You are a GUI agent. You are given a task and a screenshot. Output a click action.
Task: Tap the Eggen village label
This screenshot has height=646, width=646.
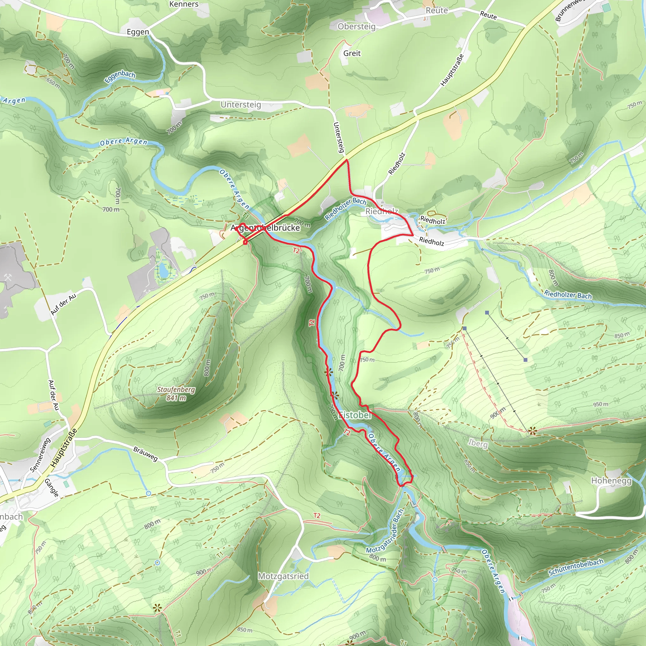pyautogui.click(x=138, y=32)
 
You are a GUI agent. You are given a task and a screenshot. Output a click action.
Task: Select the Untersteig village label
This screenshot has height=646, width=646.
pyautogui.click(x=241, y=105)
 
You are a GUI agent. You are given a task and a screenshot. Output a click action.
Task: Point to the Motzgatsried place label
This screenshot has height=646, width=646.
pyautogui.click(x=283, y=576)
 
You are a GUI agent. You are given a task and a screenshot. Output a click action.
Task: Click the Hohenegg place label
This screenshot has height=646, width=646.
pyautogui.click(x=611, y=481)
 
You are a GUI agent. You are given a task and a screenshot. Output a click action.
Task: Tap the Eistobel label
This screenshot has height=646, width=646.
pyautogui.click(x=355, y=415)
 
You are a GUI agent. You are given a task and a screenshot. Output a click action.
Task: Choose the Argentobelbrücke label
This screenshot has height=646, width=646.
pyautogui.click(x=265, y=228)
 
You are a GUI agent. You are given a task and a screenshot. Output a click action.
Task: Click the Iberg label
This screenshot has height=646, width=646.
pyautogui.click(x=478, y=443)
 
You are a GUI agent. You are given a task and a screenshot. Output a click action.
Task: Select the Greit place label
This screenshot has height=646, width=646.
pyautogui.click(x=352, y=53)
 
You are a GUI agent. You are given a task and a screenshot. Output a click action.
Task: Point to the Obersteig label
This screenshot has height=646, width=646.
pyautogui.click(x=356, y=26)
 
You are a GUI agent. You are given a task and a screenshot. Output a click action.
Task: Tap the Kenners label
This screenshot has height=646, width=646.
pyautogui.click(x=184, y=4)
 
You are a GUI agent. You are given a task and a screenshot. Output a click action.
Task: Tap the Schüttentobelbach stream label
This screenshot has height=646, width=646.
pyautogui.click(x=576, y=567)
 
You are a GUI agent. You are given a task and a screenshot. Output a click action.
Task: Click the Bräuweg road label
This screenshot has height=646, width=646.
pyautogui.click(x=145, y=454)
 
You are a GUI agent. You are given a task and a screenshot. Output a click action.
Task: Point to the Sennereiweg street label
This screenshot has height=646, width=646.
pyautogui.click(x=40, y=455)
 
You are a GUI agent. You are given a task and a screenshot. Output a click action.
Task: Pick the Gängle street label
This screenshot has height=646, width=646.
pyautogui.click(x=52, y=488)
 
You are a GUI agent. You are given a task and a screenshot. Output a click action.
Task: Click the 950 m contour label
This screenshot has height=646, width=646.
pyautogui.click(x=601, y=404)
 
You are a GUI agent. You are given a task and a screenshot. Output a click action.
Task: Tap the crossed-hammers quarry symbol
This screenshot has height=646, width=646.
pyautogui.click(x=8, y=277)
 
